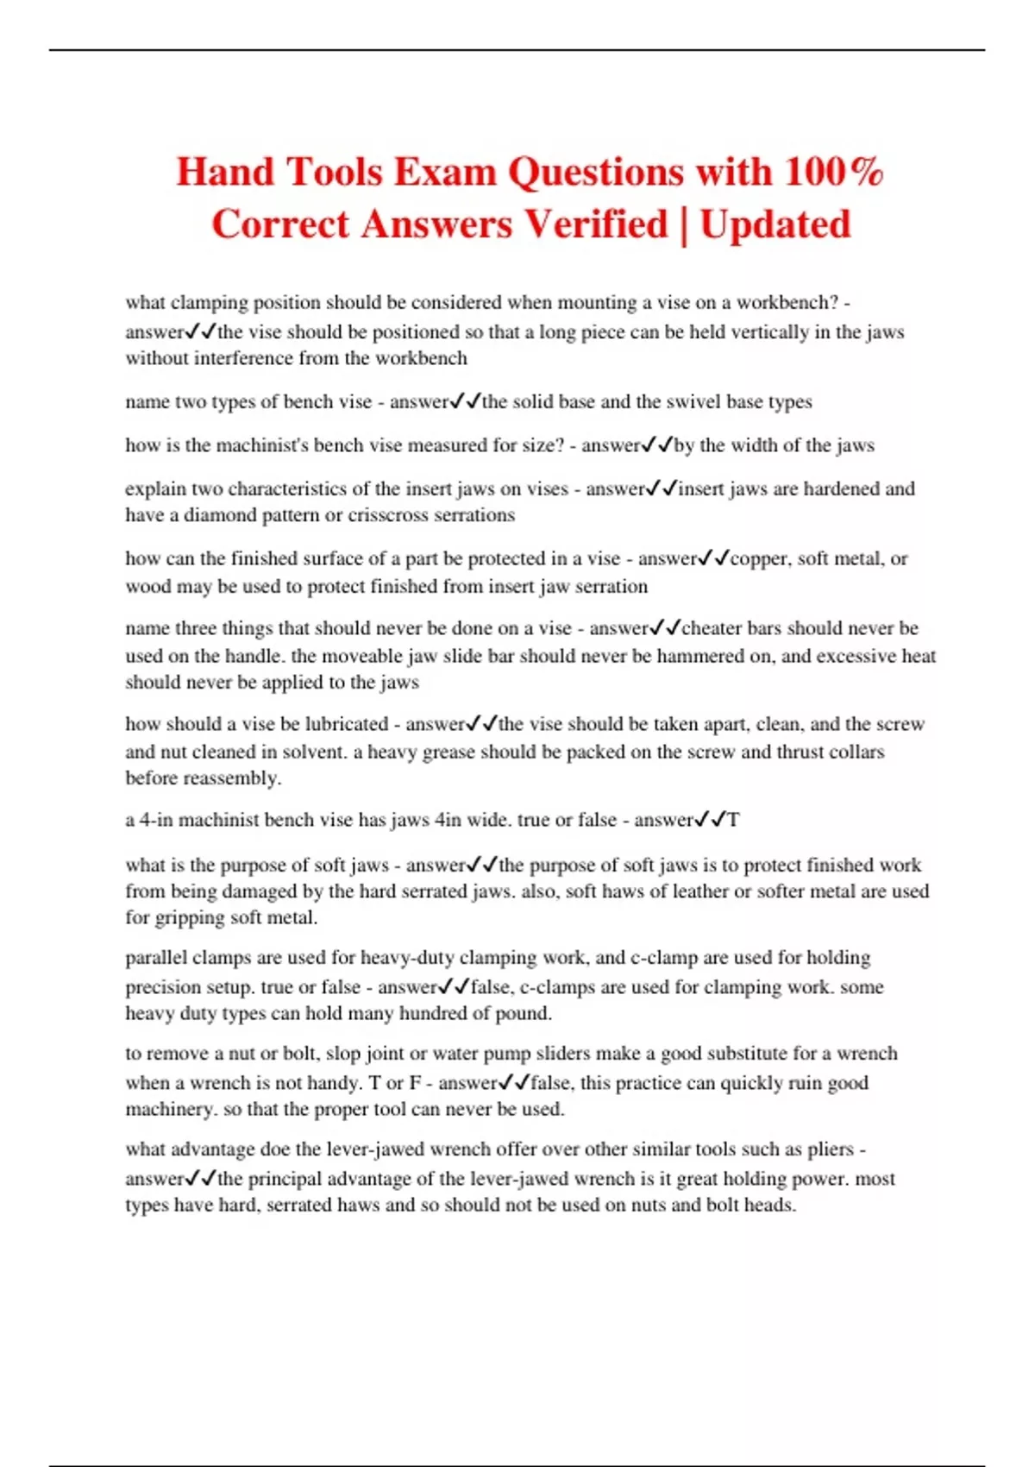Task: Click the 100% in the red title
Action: (834, 171)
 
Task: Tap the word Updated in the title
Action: (775, 224)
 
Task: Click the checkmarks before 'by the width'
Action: (657, 445)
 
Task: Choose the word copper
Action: (759, 558)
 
